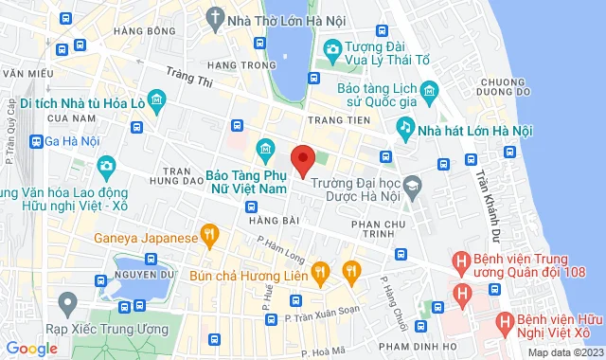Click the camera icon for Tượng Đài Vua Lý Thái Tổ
331,48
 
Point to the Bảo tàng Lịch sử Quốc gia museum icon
430,92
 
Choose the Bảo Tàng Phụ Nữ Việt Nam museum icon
265,150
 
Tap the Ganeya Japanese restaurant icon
209,232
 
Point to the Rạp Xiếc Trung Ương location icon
67,303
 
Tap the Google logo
31,348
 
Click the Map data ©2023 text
564,352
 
